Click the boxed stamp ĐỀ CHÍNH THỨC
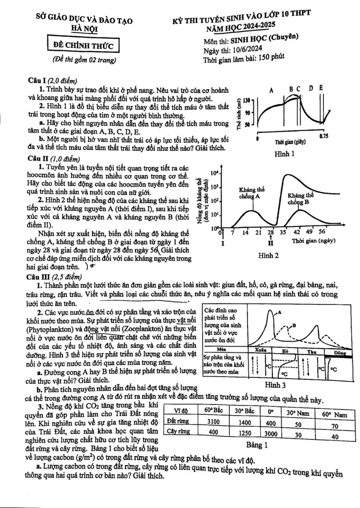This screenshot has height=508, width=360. [x=83, y=46]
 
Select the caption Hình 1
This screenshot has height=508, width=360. [x=284, y=154]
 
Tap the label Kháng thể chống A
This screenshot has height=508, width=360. [x=252, y=193]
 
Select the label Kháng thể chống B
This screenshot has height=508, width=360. [x=300, y=198]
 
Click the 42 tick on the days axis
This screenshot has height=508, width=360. [x=297, y=232]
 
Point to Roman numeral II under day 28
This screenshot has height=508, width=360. [x=271, y=243]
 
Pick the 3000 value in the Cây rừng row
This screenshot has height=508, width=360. [x=271, y=433]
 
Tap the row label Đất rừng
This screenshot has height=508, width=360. [x=178, y=421]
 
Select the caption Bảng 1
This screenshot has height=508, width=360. [x=257, y=445]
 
